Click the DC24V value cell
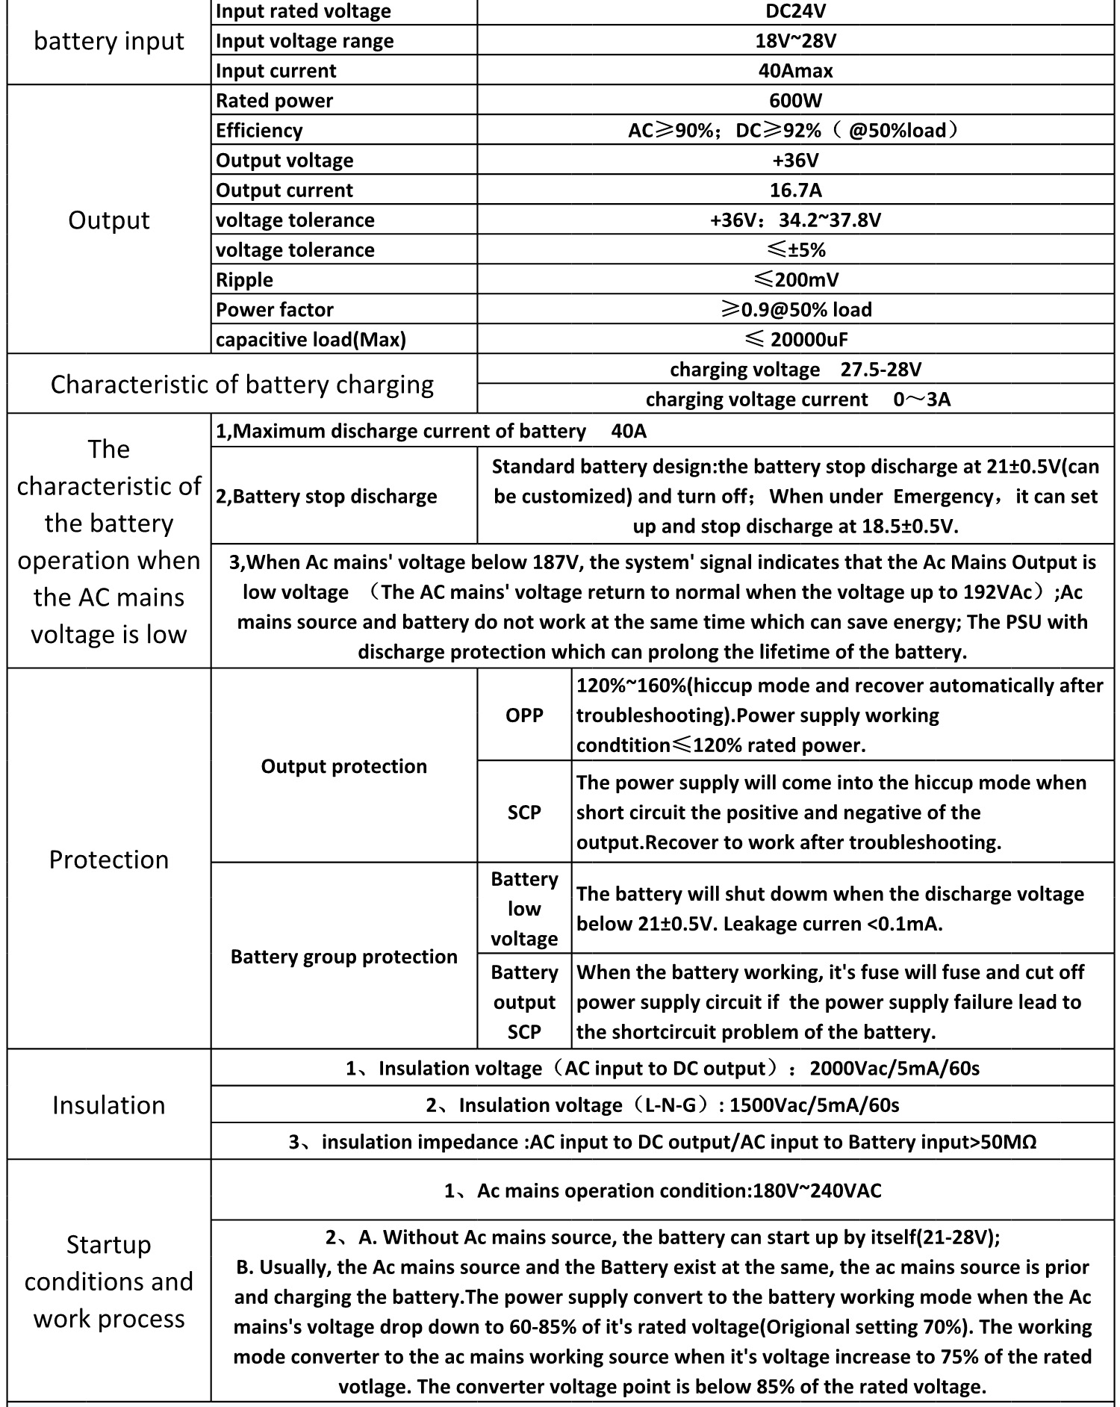pyautogui.click(x=795, y=11)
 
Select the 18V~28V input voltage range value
pyautogui.click(x=795, y=40)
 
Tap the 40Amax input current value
pyautogui.click(x=795, y=70)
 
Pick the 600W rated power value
pyautogui.click(x=795, y=100)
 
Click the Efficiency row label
pyautogui.click(x=259, y=130)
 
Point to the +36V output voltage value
pyautogui.click(x=795, y=160)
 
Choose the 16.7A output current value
pyautogui.click(x=795, y=190)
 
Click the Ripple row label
pyautogui.click(x=244, y=279)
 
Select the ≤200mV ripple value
pyautogui.click(x=795, y=279)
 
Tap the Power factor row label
pyautogui.click(x=274, y=309)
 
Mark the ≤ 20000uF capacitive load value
pyautogui.click(x=795, y=339)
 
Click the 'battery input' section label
pyautogui.click(x=109, y=41)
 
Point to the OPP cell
pyautogui.click(x=524, y=715)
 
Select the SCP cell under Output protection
pyautogui.click(x=524, y=812)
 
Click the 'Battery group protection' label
pyautogui.click(x=343, y=956)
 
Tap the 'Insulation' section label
pyautogui.click(x=109, y=1105)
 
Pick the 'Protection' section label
pyautogui.click(x=109, y=859)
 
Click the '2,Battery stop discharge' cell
pyautogui.click(x=326, y=496)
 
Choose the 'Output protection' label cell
pyautogui.click(x=343, y=765)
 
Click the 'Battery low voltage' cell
pyautogui.click(x=524, y=908)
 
